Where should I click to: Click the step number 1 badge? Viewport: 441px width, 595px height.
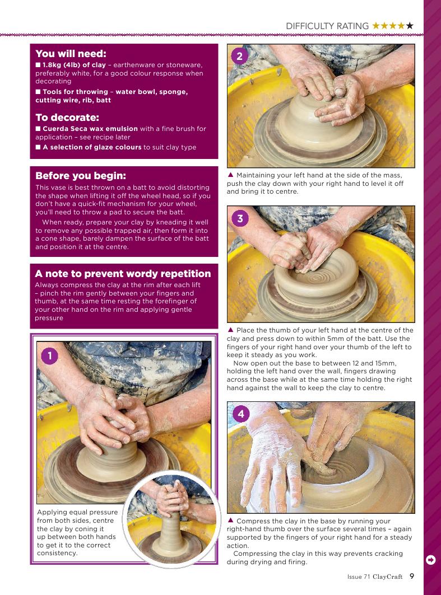(x=49, y=356)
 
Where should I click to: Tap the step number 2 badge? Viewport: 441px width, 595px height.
(x=239, y=56)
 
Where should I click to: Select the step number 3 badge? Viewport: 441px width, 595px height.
(x=240, y=218)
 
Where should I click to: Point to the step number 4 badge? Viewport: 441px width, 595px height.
(x=241, y=414)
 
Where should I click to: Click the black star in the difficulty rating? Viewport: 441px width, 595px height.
(x=410, y=26)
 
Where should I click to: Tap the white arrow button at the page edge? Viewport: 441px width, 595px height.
(x=431, y=560)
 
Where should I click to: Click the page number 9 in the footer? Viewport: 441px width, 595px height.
(x=412, y=576)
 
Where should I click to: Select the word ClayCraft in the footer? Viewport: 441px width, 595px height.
(x=387, y=577)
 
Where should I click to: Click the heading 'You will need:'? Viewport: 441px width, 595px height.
(x=71, y=54)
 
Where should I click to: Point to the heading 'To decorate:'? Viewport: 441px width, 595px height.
(x=67, y=117)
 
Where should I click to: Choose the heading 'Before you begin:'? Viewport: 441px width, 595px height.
(x=81, y=176)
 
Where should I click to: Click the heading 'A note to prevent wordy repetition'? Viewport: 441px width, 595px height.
(x=123, y=274)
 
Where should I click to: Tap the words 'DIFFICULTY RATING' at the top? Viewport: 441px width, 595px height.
(x=327, y=26)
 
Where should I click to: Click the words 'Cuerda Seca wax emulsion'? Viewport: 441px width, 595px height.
(x=90, y=129)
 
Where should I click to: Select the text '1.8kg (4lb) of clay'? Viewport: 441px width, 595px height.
(x=74, y=65)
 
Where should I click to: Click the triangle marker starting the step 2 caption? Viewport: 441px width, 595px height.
(x=230, y=175)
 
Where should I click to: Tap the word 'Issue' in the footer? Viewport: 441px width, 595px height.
(x=354, y=577)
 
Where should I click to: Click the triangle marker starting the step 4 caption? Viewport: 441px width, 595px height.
(x=230, y=521)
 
